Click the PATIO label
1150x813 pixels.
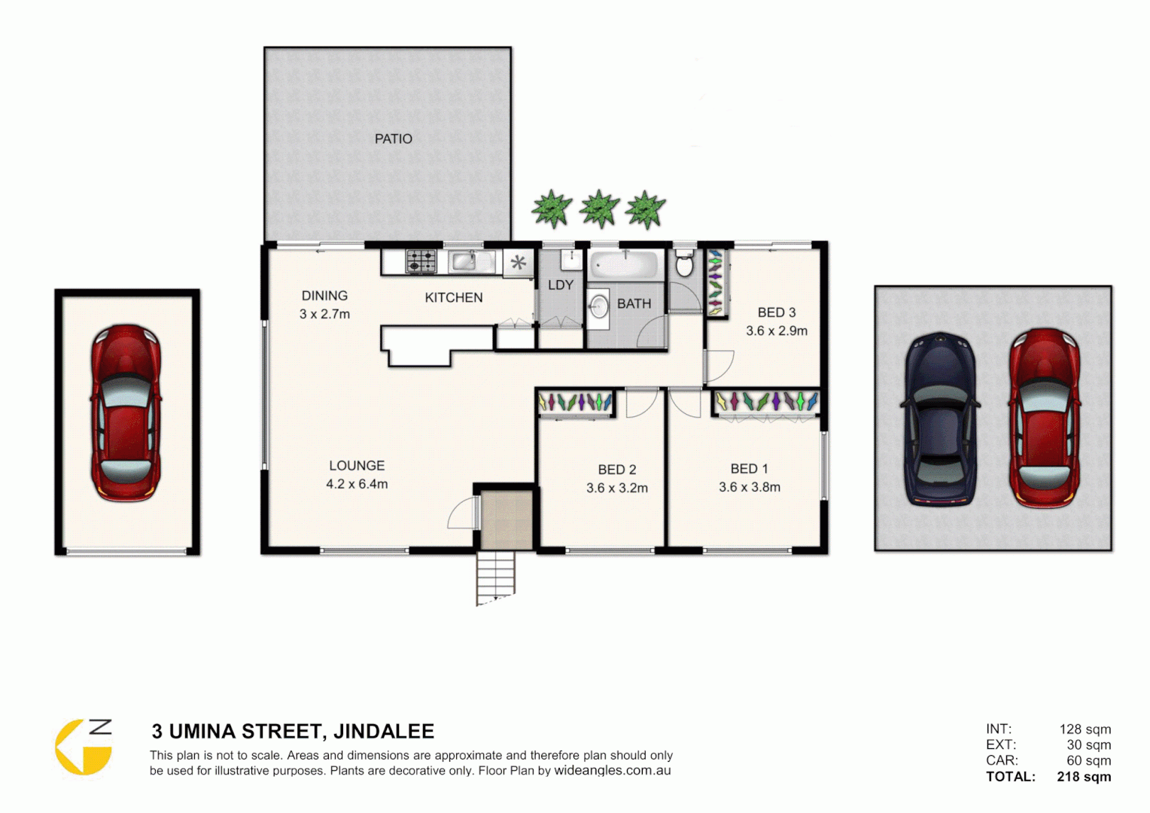click(x=393, y=139)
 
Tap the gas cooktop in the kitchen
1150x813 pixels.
click(x=421, y=261)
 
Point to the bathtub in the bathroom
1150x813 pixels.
click(x=624, y=265)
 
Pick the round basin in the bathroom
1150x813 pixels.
click(x=598, y=306)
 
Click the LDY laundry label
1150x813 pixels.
click(x=561, y=285)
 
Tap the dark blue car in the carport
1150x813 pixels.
click(x=939, y=419)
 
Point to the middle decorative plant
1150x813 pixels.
click(x=599, y=209)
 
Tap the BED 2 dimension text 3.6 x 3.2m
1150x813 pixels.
click(x=616, y=488)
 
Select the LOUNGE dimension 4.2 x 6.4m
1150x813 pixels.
click(x=357, y=484)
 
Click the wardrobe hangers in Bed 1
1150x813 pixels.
click(x=765, y=402)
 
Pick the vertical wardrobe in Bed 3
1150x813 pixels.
click(x=715, y=282)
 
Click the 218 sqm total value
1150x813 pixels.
click(x=1083, y=777)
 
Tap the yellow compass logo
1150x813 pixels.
click(x=83, y=747)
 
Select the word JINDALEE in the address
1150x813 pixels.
click(x=383, y=732)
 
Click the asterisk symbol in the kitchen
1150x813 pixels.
click(x=518, y=263)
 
